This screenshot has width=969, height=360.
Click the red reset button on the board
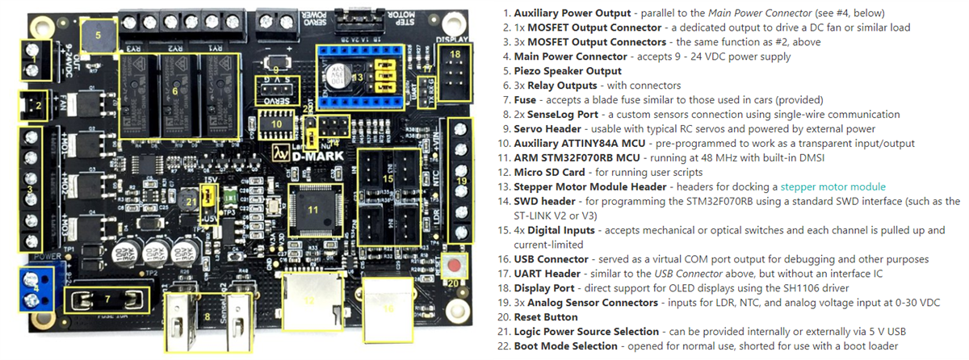click(x=458, y=266)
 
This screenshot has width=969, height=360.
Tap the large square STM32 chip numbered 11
click(x=312, y=210)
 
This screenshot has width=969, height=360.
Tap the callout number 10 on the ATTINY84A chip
click(x=275, y=123)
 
